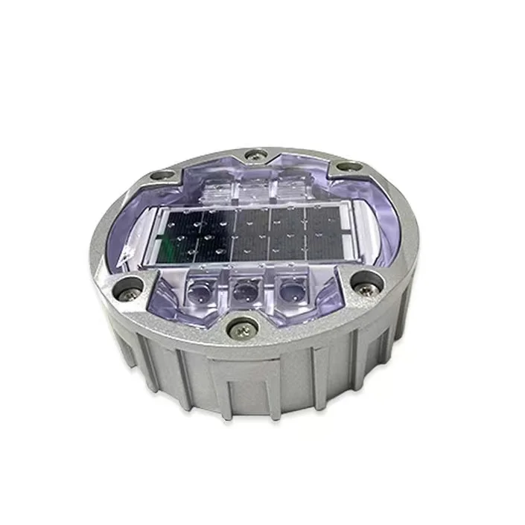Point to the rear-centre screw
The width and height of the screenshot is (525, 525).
(x=255, y=156)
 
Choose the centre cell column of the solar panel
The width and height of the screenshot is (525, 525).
(x=252, y=234)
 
